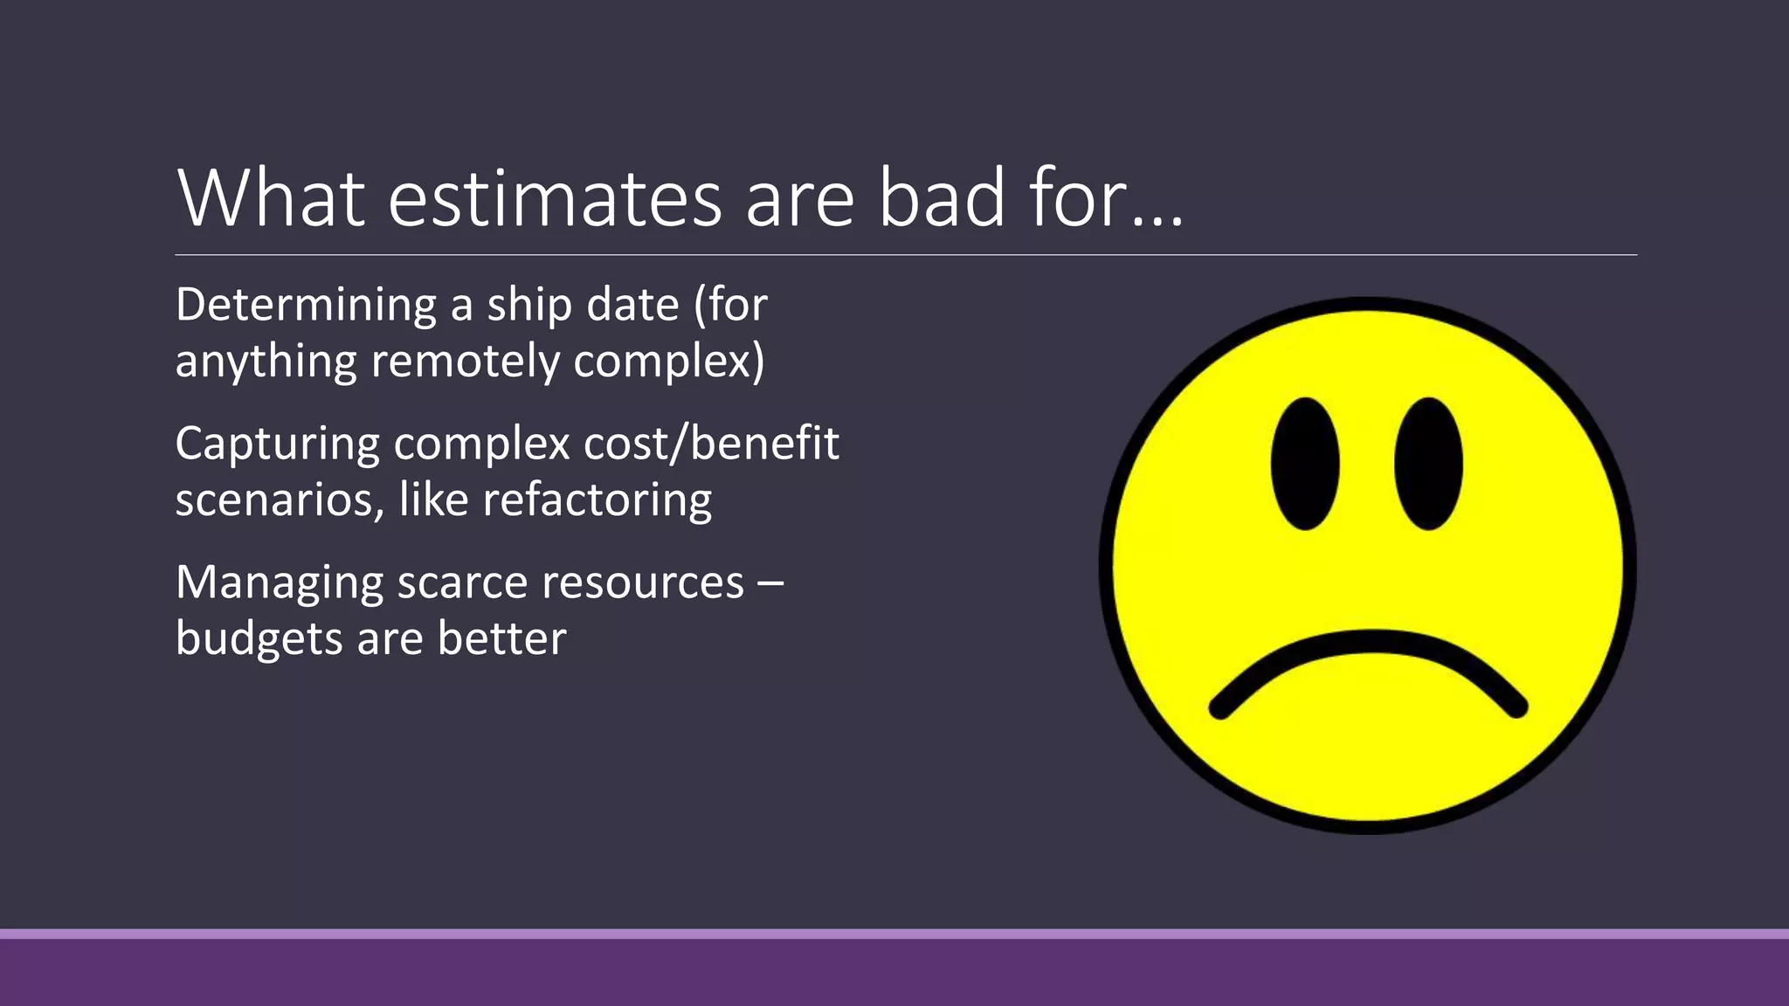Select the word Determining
point(306,306)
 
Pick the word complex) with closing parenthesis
point(669,362)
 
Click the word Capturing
point(276,444)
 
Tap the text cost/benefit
point(711,444)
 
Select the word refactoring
point(597,500)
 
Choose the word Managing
point(279,583)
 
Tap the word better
point(501,639)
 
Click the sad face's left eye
point(1305,464)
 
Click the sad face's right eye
point(1428,464)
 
